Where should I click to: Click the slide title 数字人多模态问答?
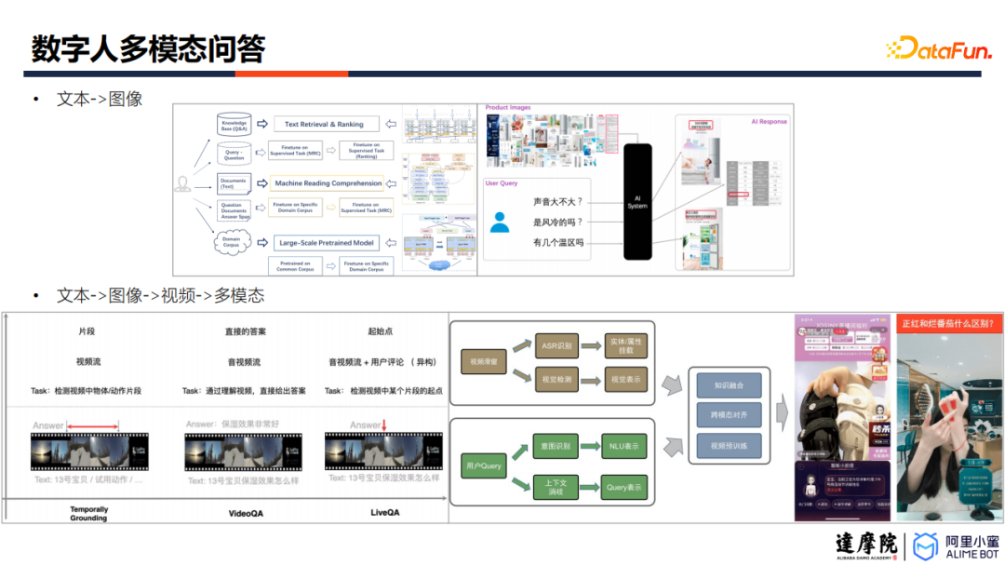point(148,48)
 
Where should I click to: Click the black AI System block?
point(637,202)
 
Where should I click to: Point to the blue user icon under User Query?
point(500,222)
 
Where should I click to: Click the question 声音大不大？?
point(557,202)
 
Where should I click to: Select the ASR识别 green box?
point(556,346)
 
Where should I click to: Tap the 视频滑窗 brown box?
point(484,362)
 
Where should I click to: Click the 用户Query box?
point(484,465)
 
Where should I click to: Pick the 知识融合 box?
point(729,384)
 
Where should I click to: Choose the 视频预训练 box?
point(729,446)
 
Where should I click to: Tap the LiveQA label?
point(385,512)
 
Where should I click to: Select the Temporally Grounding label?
point(89,514)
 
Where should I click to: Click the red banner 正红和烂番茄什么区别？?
point(949,323)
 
